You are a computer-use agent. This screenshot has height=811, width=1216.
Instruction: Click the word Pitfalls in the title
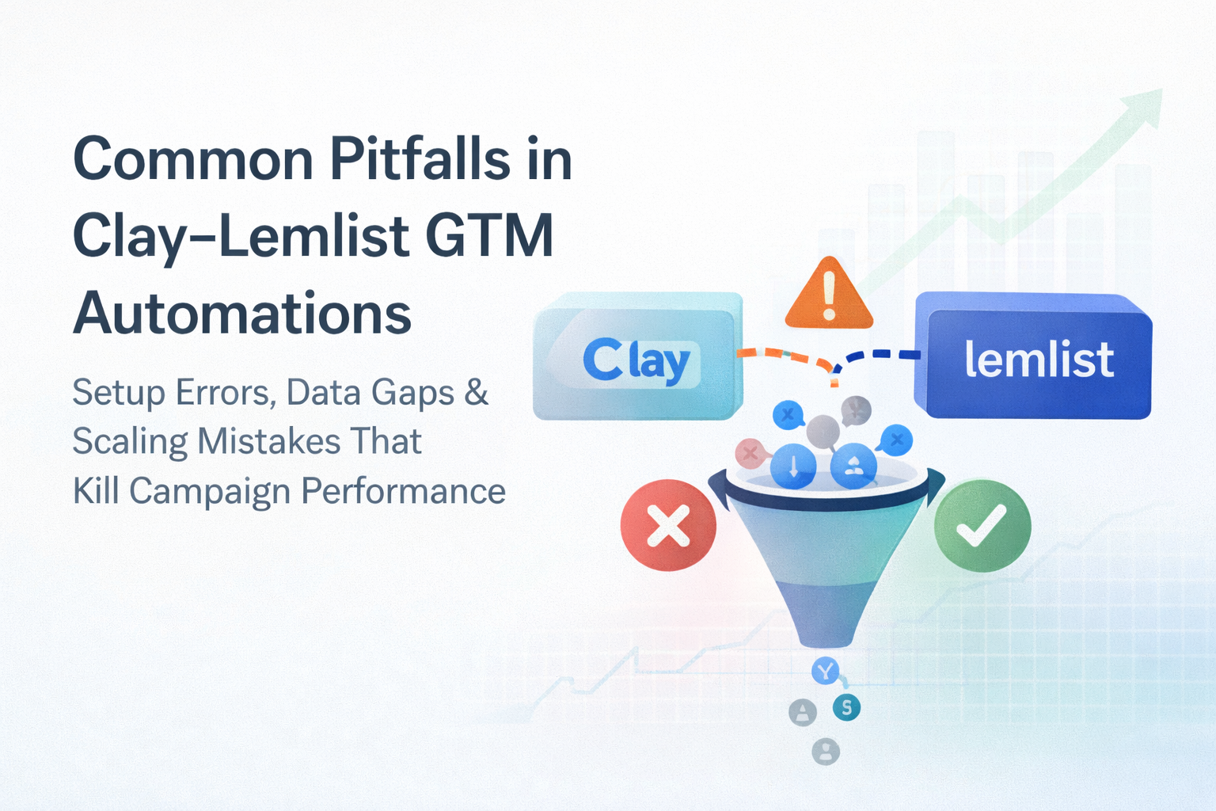pos(420,158)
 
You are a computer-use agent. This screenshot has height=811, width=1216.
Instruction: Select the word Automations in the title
pos(242,313)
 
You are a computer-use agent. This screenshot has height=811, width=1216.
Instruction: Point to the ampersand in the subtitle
pos(476,392)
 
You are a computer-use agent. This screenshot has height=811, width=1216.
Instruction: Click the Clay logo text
pos(636,360)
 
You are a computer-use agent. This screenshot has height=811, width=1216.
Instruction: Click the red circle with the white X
pos(668,525)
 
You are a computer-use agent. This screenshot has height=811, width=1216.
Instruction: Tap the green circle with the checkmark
pos(982,525)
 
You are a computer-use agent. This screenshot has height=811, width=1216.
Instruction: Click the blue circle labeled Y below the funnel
pos(825,672)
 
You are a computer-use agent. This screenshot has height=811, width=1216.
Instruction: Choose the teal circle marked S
pos(846,707)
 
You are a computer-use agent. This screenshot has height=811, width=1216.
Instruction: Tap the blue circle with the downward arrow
pos(793,466)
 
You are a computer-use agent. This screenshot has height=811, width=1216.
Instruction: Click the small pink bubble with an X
pos(750,452)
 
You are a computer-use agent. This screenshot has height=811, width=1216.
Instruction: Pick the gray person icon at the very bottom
pos(826,752)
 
